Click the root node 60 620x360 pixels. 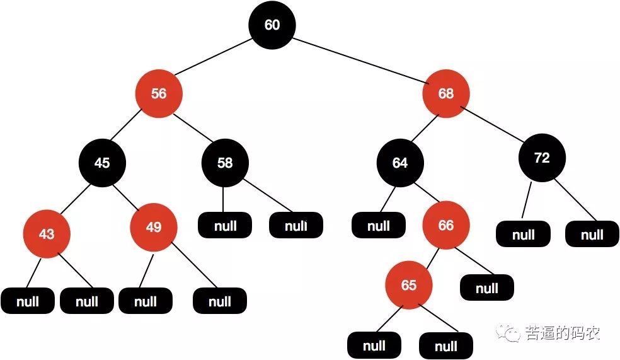point(272,25)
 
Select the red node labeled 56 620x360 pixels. point(159,94)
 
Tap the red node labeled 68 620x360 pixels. point(445,94)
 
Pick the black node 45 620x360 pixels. point(102,163)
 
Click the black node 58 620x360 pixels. point(225,163)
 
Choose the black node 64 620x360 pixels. point(400,163)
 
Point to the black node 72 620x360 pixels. point(542,158)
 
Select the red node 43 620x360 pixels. point(47,234)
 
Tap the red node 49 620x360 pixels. point(154,227)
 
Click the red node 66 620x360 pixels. point(445,226)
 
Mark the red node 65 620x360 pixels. point(409,286)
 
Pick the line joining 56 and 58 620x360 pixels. point(192,129)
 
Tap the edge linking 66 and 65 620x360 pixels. point(428,255)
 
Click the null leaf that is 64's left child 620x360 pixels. point(378,226)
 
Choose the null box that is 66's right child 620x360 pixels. point(486,289)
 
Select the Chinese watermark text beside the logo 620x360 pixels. point(563,333)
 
